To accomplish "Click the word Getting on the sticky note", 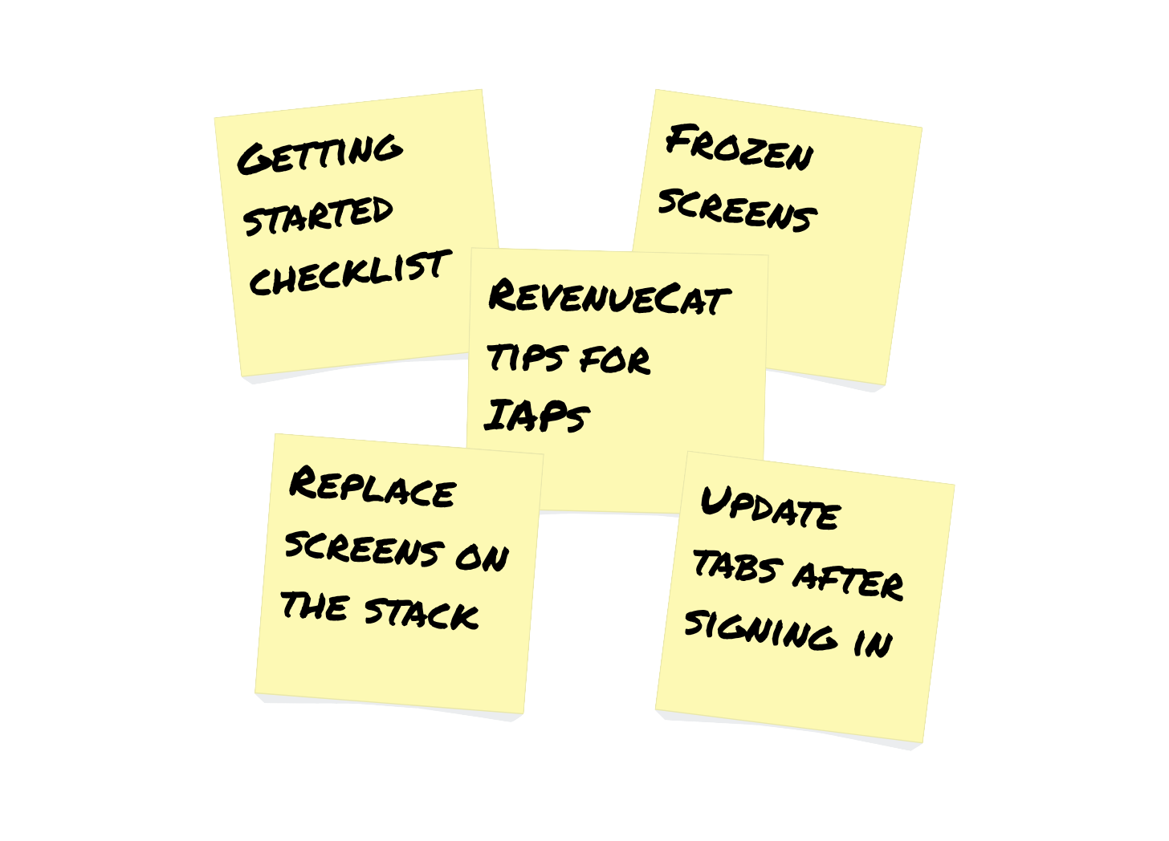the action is (320, 154).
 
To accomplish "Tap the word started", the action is (319, 214).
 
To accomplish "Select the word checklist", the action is (348, 273).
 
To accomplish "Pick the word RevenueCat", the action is (608, 297).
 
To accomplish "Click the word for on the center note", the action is (614, 360).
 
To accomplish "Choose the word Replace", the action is (373, 488).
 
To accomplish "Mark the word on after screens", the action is (482, 555).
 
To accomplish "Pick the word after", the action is (848, 578).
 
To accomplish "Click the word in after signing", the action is (872, 643).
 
